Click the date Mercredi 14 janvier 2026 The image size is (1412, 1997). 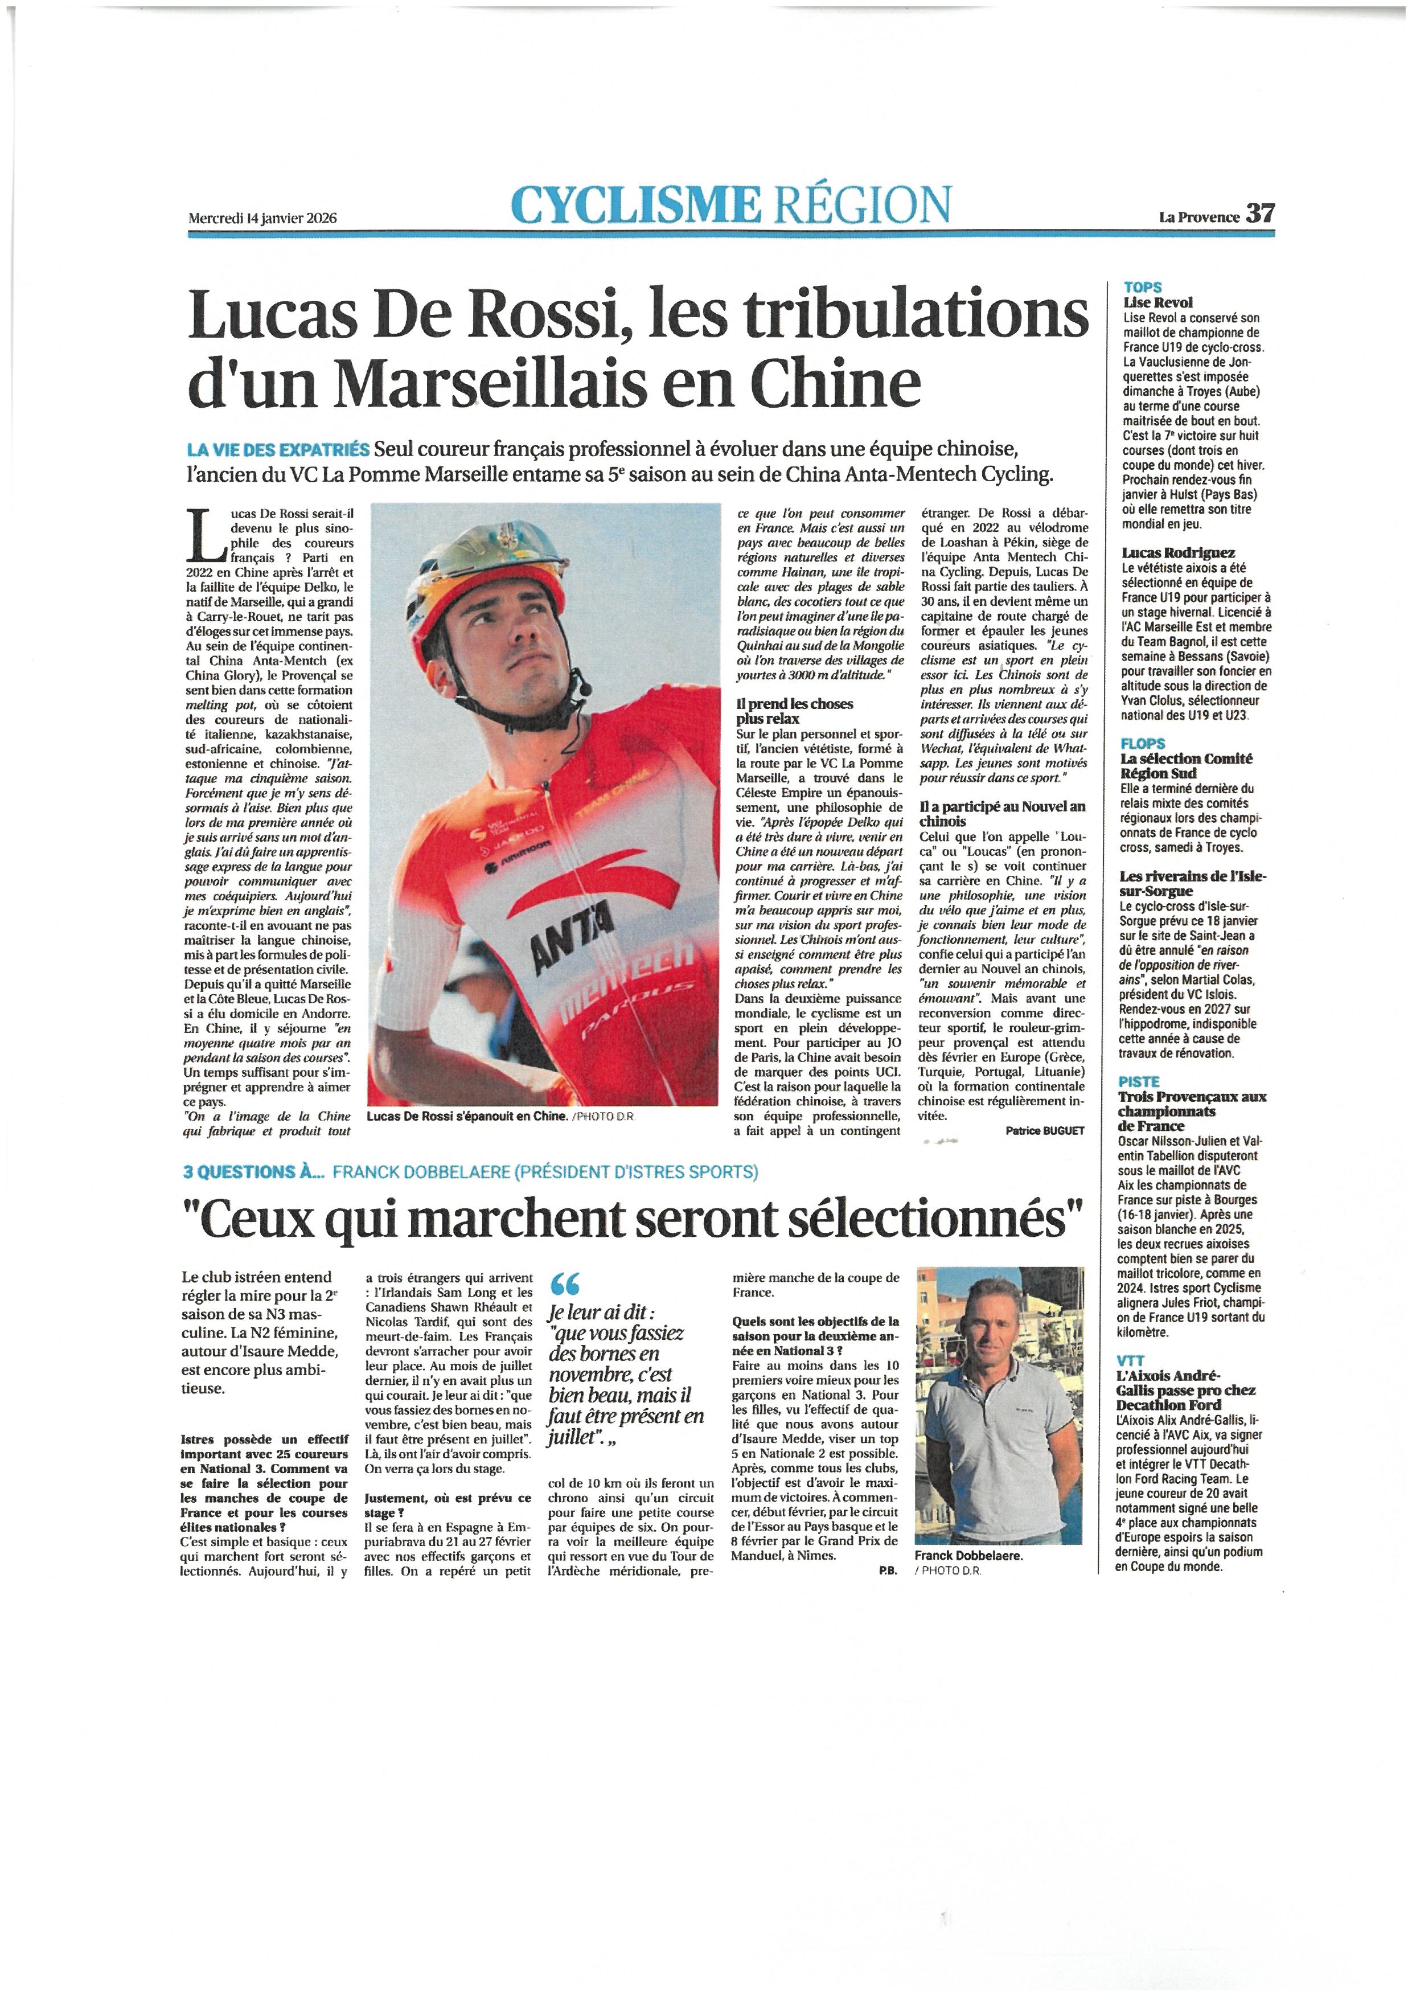(x=262, y=219)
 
